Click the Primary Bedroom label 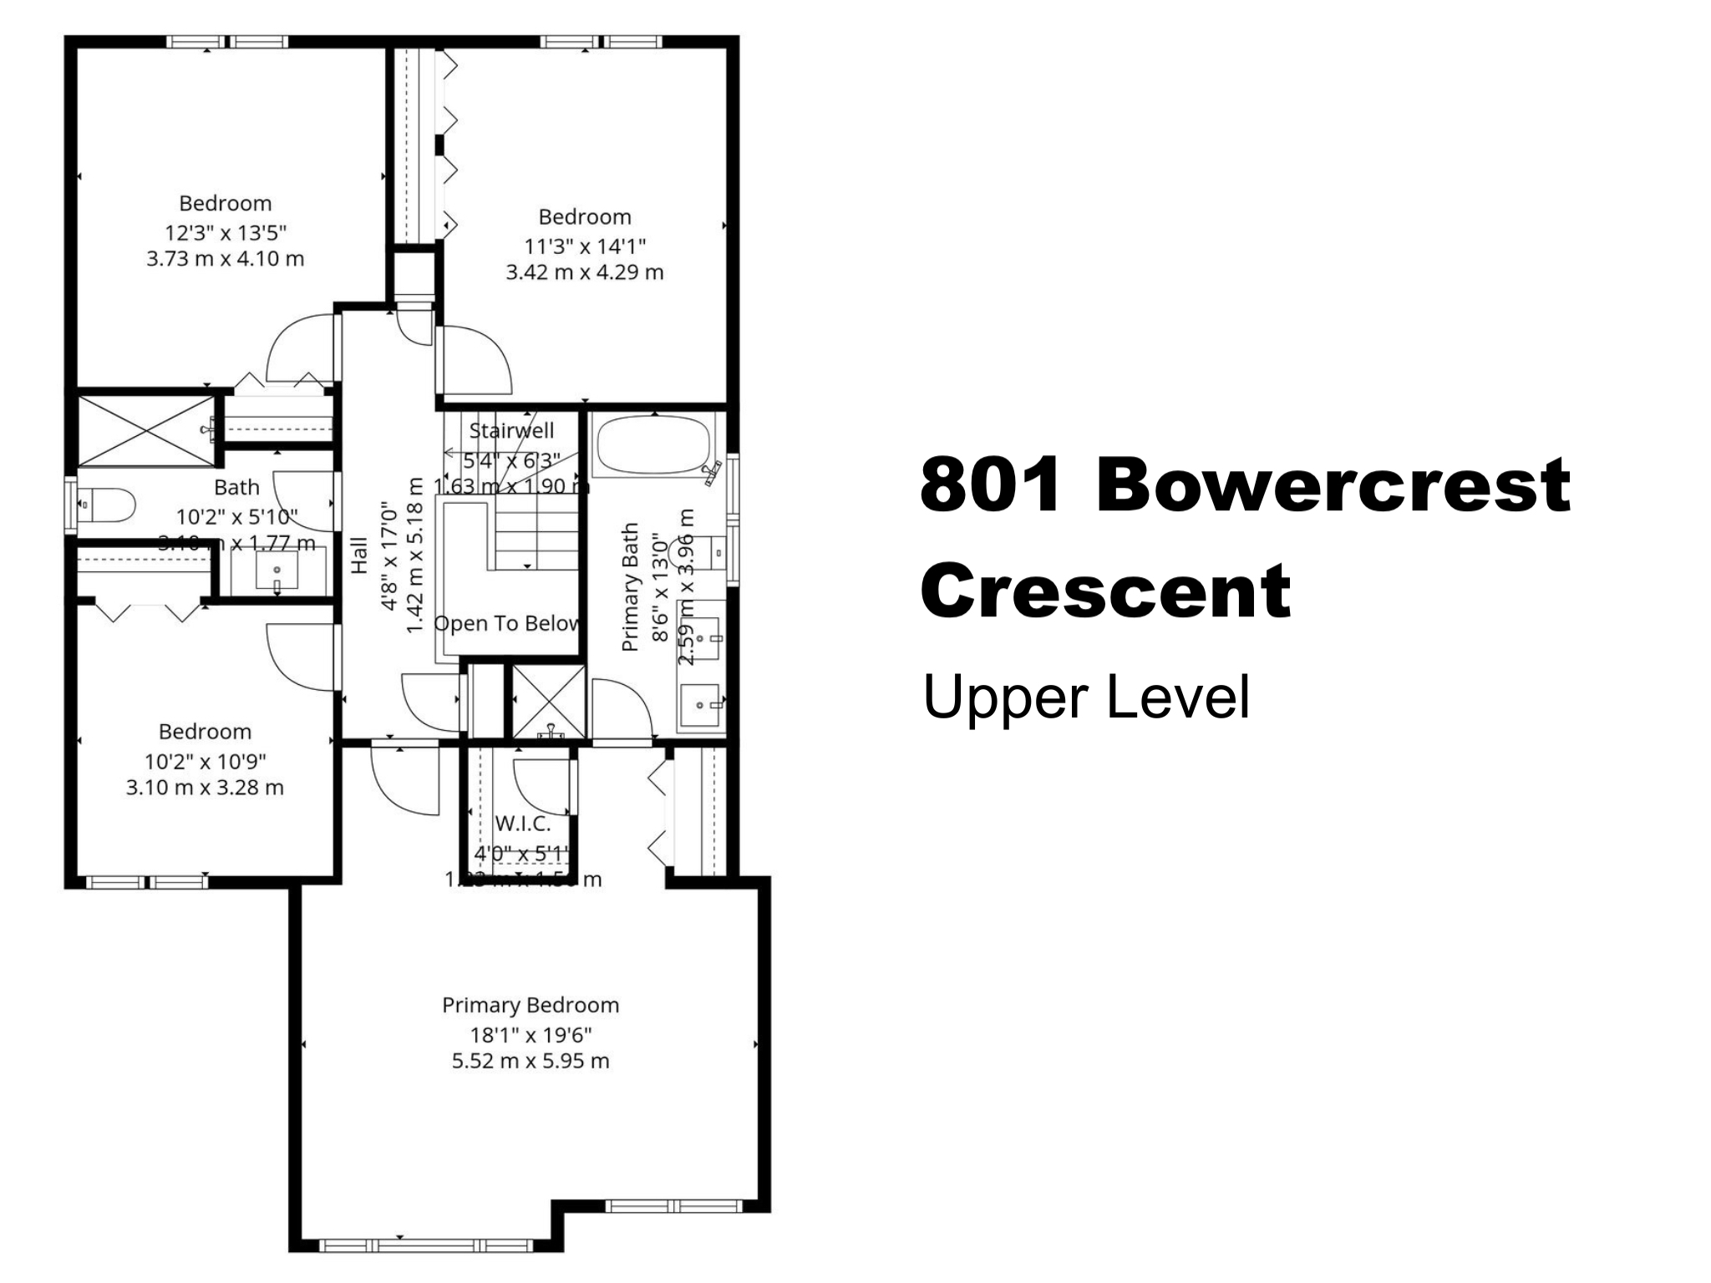(531, 1005)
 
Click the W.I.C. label (523, 824)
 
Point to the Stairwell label (511, 431)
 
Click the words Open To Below (506, 623)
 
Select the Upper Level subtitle (1085, 697)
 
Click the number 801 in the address (989, 485)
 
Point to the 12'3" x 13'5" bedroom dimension (226, 232)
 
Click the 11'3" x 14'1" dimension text (585, 246)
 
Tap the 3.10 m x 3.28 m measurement (205, 787)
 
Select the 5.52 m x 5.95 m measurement (531, 1061)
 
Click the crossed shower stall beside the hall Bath (146, 430)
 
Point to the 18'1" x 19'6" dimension (531, 1035)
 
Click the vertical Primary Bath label (631, 586)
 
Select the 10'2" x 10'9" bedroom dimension (205, 761)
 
